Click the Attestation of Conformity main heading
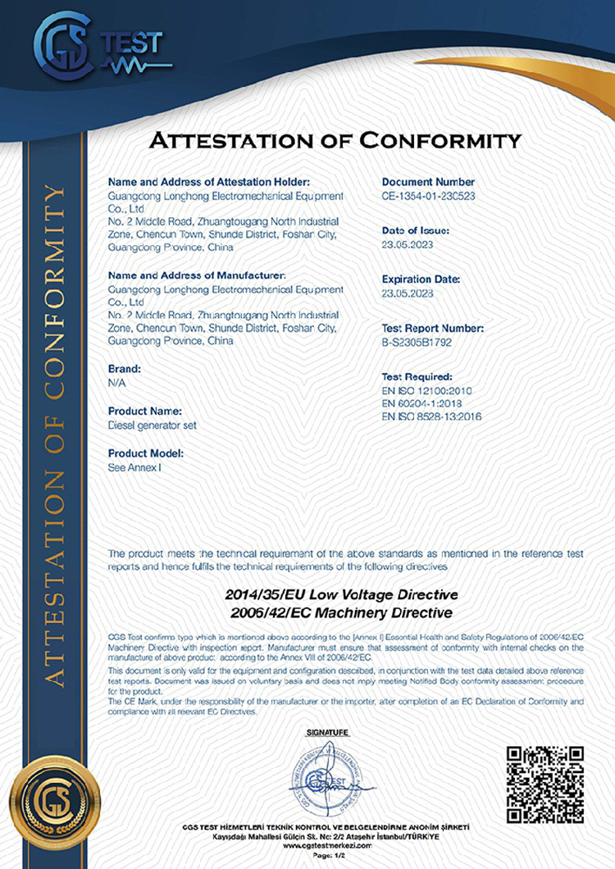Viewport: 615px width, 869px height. pyautogui.click(x=335, y=140)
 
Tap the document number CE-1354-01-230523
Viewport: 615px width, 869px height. pyautogui.click(x=429, y=197)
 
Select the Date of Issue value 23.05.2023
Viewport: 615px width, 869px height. pyautogui.click(x=407, y=245)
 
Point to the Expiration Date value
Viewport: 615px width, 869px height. pyautogui.click(x=407, y=293)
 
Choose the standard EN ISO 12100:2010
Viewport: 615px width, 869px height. pyautogui.click(x=431, y=391)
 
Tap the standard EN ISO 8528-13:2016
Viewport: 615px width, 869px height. pyautogui.click(x=431, y=417)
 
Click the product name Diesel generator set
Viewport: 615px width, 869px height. pyautogui.click(x=153, y=425)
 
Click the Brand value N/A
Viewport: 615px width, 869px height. pyautogui.click(x=116, y=383)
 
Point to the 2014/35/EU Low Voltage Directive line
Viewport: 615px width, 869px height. pyautogui.click(x=341, y=594)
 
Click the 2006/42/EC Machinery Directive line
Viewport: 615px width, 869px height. pyautogui.click(x=341, y=612)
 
